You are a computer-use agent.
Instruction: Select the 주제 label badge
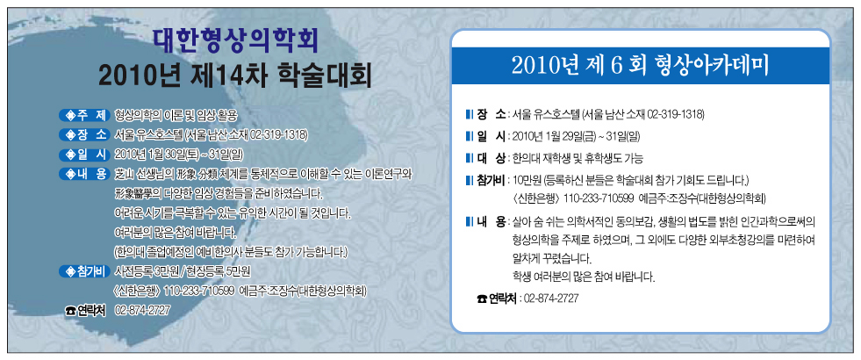[84, 115]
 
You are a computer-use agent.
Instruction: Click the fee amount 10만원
[526, 180]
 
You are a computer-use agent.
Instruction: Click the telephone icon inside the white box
[482, 299]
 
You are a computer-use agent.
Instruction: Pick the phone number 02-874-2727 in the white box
[551, 299]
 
